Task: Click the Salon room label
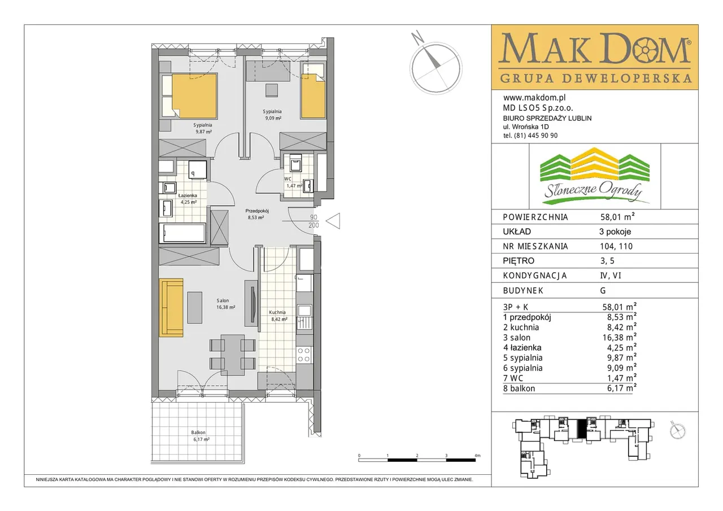pyautogui.click(x=223, y=300)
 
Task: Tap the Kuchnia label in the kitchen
pyautogui.click(x=277, y=312)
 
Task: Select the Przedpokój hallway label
pyautogui.click(x=257, y=211)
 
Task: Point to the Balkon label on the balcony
pyautogui.click(x=198, y=433)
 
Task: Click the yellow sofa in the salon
pyautogui.click(x=171, y=308)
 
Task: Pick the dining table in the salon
pyautogui.click(x=232, y=355)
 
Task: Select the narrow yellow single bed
pyautogui.click(x=313, y=96)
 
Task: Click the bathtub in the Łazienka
pyautogui.click(x=182, y=233)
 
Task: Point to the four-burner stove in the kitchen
pyautogui.click(x=304, y=355)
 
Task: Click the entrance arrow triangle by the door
pyautogui.click(x=333, y=221)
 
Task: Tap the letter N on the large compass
pyautogui.click(x=417, y=38)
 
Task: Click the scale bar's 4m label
pyautogui.click(x=477, y=456)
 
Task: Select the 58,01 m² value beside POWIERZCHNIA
pyautogui.click(x=617, y=217)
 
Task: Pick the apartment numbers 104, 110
pyautogui.click(x=616, y=247)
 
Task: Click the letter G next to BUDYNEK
pyautogui.click(x=603, y=291)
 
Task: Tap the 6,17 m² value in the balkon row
pyautogui.click(x=622, y=388)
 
